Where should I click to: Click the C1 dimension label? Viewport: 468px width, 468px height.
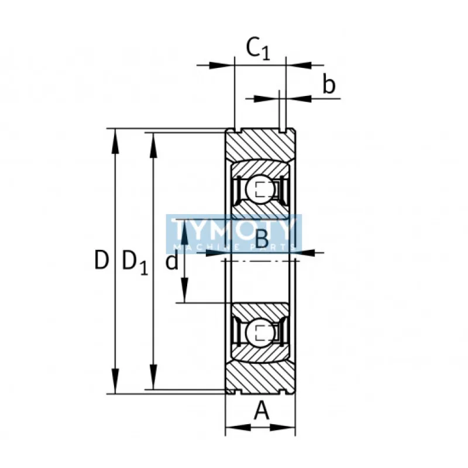click(x=258, y=49)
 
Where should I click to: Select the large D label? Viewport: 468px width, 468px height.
click(x=101, y=260)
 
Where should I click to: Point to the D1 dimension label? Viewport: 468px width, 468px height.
click(x=135, y=262)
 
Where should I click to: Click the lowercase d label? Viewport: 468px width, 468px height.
click(x=172, y=260)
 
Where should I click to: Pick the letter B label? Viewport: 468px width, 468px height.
click(x=262, y=239)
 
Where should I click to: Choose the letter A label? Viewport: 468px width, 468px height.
click(x=261, y=411)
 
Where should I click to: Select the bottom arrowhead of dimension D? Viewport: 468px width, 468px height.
click(x=115, y=381)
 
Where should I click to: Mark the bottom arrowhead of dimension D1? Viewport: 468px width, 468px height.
click(x=153, y=377)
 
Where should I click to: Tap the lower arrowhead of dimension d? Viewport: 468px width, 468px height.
click(x=185, y=290)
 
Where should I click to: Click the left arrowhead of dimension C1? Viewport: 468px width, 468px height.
click(x=222, y=65)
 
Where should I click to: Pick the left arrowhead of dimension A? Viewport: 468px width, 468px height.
click(x=238, y=428)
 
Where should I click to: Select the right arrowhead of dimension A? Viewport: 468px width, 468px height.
click(x=283, y=428)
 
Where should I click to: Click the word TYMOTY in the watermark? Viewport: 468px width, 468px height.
click(x=234, y=229)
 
